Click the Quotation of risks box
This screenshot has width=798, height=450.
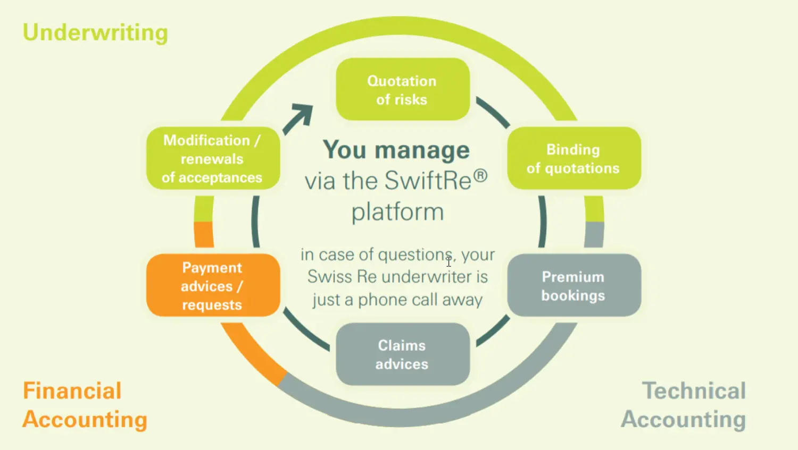tap(402, 89)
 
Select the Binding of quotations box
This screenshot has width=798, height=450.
tap(573, 158)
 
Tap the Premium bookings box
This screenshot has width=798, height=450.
tap(573, 286)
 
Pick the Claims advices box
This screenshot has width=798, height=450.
tap(402, 354)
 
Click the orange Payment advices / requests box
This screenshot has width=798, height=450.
tap(213, 286)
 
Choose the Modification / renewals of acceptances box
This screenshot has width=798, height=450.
tap(213, 158)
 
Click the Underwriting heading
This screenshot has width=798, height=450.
tap(95, 32)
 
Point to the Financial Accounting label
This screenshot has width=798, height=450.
tap(84, 405)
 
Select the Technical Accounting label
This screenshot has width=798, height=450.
tap(684, 405)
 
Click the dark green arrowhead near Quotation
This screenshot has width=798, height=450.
tap(303, 113)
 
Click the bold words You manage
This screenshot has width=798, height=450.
tap(396, 150)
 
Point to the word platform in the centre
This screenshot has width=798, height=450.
tap(397, 212)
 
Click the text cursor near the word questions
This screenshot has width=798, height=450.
tap(448, 261)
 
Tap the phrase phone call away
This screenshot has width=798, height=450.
tap(420, 300)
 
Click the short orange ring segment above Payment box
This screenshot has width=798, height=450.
tap(204, 234)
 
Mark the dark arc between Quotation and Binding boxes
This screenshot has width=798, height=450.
tap(493, 112)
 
